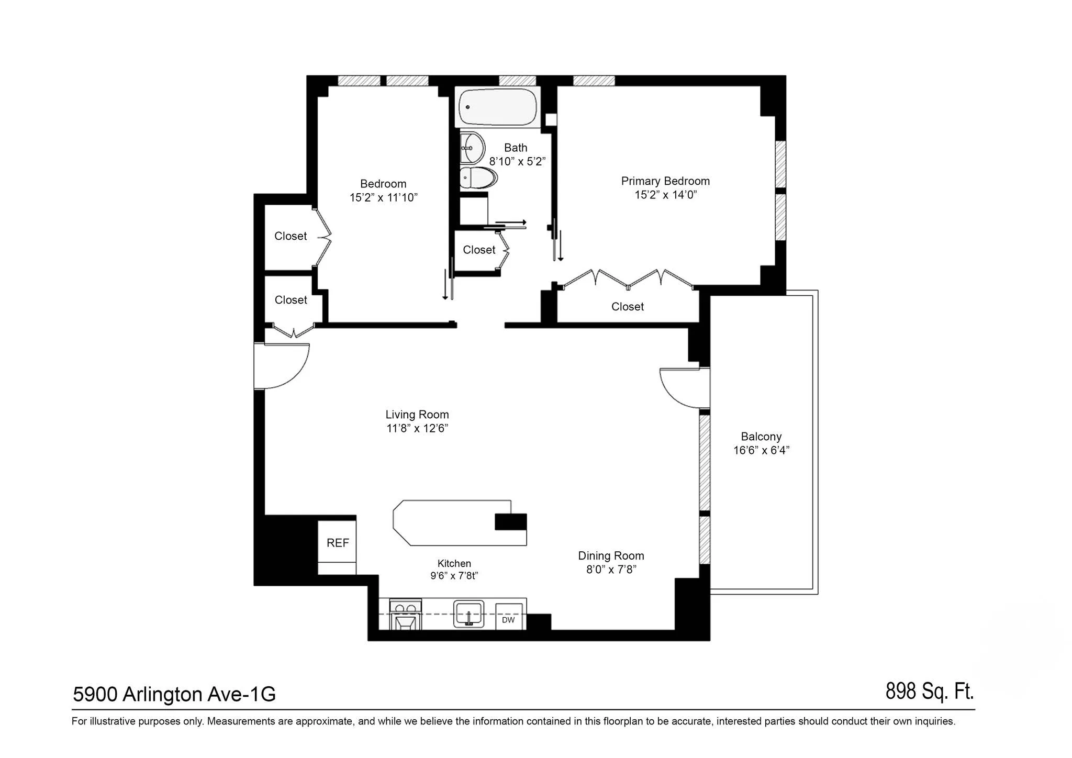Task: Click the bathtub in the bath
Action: [498, 107]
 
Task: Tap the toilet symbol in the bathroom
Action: [478, 179]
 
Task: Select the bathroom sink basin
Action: [472, 148]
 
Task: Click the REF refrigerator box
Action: [337, 543]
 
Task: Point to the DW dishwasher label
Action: [508, 620]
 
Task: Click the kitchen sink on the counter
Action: [468, 614]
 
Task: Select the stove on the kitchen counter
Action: [406, 615]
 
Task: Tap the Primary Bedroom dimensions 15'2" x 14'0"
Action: [665, 195]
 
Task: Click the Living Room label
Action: [417, 415]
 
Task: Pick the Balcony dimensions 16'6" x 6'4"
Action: [761, 450]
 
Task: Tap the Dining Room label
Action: [611, 556]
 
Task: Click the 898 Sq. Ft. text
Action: [929, 692]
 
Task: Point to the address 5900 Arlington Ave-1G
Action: [174, 695]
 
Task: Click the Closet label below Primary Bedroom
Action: [627, 307]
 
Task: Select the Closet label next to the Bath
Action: [479, 250]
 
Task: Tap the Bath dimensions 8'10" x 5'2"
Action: [517, 161]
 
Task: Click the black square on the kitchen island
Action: [511, 522]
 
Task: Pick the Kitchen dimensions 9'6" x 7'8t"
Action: [454, 576]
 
